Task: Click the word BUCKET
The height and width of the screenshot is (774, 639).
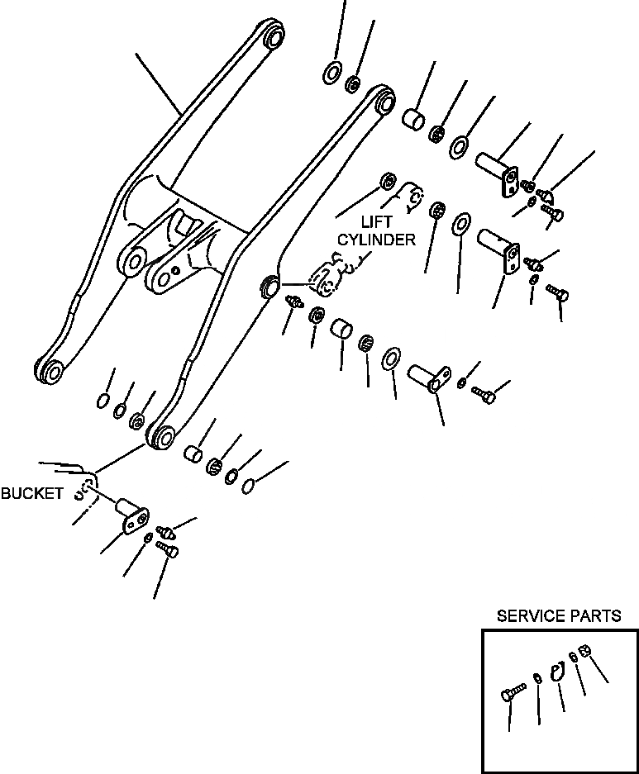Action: click(x=31, y=494)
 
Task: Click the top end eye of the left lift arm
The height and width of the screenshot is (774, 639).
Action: click(x=274, y=37)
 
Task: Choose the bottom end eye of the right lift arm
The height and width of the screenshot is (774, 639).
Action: click(x=160, y=435)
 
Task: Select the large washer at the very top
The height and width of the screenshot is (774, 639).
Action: click(x=331, y=72)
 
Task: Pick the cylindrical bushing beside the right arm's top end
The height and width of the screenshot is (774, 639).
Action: click(x=413, y=118)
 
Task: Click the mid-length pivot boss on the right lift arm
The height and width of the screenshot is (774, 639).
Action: click(x=269, y=285)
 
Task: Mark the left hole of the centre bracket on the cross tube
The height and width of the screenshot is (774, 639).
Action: click(x=131, y=262)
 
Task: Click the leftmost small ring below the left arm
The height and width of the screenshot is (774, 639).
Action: click(x=102, y=401)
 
